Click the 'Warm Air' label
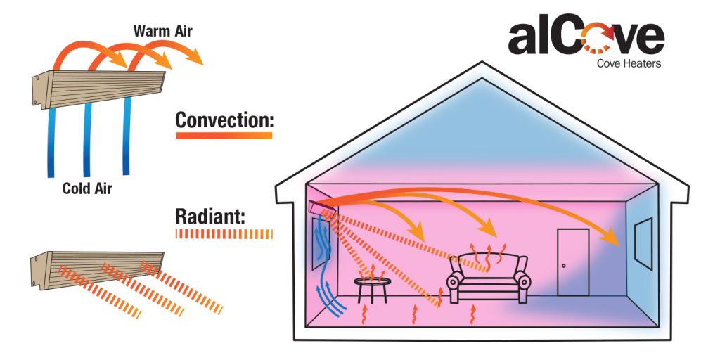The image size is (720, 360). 162,31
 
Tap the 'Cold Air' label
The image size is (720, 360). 87,188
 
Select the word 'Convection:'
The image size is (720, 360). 224,120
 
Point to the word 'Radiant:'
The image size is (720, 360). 209,216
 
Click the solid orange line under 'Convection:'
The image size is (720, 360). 224,135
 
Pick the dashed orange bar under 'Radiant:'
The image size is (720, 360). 224,233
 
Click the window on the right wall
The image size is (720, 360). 643,243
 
